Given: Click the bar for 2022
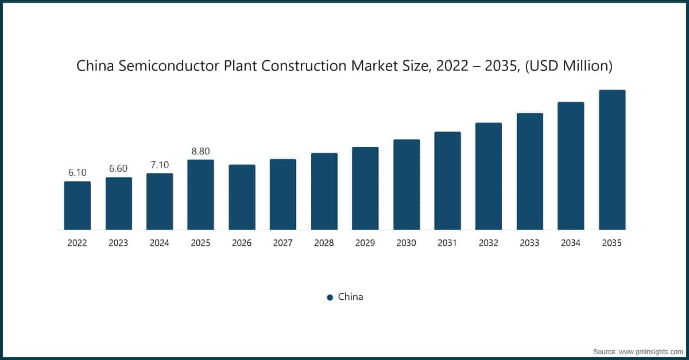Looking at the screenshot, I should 78,206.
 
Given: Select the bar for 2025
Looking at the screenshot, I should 200,195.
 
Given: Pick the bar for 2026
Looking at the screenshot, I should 242,197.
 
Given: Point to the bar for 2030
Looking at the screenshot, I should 407,184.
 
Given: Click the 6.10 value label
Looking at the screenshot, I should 78,172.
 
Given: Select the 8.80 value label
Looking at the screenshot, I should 200,151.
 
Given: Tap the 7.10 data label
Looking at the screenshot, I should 160,165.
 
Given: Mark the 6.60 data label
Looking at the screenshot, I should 118,169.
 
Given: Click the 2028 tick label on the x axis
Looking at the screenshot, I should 324,243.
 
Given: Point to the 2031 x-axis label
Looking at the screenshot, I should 447,243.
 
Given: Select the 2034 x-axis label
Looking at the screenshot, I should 571,243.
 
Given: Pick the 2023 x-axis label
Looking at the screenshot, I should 118,243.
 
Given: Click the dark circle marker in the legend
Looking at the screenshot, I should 330,297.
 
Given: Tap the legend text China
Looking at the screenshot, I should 350,297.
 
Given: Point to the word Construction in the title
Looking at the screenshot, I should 304,67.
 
